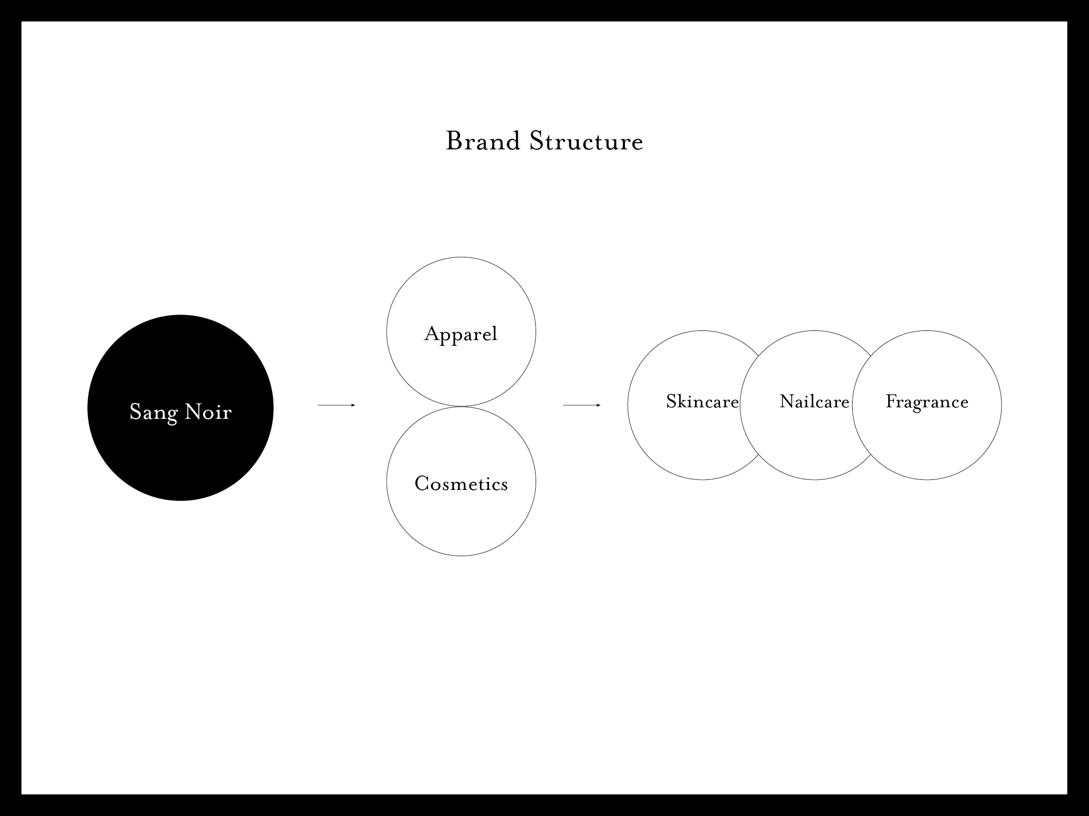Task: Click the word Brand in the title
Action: point(483,141)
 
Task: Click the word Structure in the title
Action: point(587,141)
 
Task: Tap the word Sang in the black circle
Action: point(153,413)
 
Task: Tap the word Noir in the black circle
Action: point(208,412)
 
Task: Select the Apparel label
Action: point(461,335)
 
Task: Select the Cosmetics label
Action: point(461,483)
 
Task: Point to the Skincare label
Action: point(702,402)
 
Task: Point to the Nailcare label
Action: point(815,402)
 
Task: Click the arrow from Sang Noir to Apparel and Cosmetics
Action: point(337,405)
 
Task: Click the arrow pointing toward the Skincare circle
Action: point(582,405)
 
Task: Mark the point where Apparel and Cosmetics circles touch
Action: point(461,406)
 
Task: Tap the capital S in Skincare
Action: point(672,402)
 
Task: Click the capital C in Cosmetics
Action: point(422,483)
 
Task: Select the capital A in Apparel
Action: point(432,334)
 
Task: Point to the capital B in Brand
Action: point(453,141)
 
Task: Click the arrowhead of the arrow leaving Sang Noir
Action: point(354,405)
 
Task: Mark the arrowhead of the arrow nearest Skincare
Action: point(599,405)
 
